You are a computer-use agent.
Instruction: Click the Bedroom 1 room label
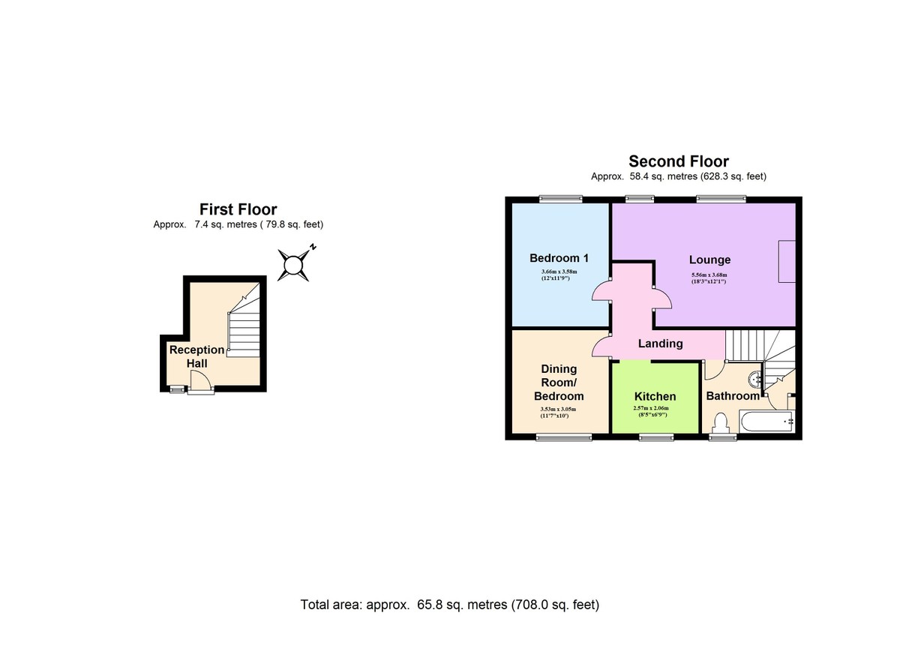(559, 258)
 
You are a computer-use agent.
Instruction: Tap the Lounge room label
(709, 260)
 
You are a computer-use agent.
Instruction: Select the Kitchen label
(655, 397)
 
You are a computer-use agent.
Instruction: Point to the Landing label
(661, 344)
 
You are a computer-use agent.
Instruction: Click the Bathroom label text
(733, 396)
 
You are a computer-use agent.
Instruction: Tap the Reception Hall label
(196, 356)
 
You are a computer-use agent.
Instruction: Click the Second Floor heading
(679, 161)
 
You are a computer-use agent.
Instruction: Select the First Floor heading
(238, 209)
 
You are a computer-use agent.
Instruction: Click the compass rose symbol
(294, 264)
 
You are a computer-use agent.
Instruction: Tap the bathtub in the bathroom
(766, 422)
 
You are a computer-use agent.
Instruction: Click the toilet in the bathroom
(719, 424)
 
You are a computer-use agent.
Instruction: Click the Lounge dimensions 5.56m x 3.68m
(709, 278)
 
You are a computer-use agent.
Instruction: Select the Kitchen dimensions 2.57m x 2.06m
(651, 411)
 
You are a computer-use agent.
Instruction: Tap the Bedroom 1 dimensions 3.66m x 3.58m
(559, 275)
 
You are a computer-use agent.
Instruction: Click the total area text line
(450, 605)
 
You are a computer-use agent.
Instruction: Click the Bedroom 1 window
(560, 199)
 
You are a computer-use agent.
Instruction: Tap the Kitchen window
(656, 437)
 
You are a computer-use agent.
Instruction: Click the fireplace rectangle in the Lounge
(787, 262)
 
